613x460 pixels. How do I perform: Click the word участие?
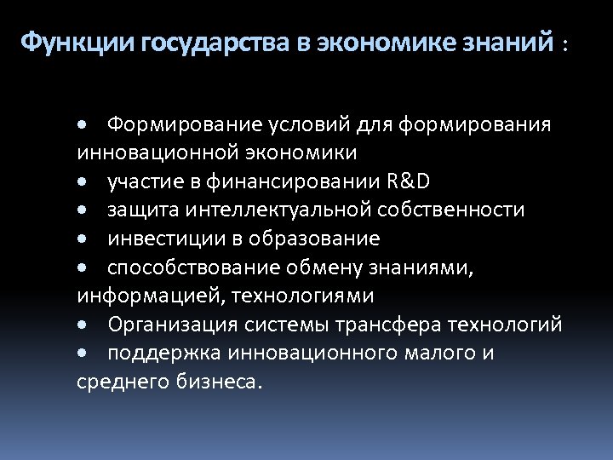[x=140, y=181]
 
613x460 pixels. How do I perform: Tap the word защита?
[x=140, y=210]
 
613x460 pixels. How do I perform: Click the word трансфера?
[x=382, y=325]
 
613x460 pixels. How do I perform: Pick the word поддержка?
[x=158, y=354]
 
